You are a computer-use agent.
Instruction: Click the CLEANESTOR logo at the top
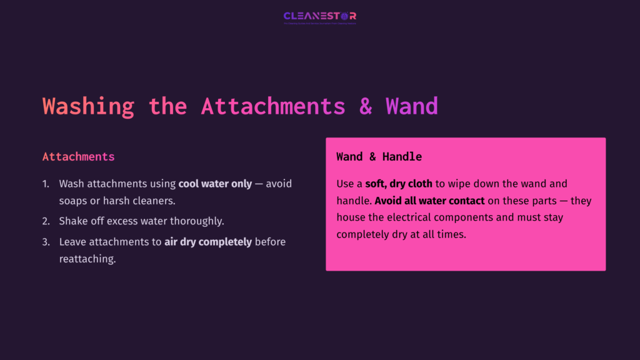319,16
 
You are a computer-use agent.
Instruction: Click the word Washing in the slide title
88,106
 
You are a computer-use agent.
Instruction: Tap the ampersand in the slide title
366,106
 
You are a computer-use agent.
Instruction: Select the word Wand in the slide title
411,106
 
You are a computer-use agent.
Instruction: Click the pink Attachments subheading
78,156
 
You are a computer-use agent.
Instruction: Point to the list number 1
45,184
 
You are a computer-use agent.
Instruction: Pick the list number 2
46,221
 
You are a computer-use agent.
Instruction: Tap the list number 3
46,242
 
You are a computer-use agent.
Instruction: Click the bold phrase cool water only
215,184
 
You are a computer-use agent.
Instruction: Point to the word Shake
74,221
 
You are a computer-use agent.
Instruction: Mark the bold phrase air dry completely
208,242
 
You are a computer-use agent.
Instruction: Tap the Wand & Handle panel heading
379,156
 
